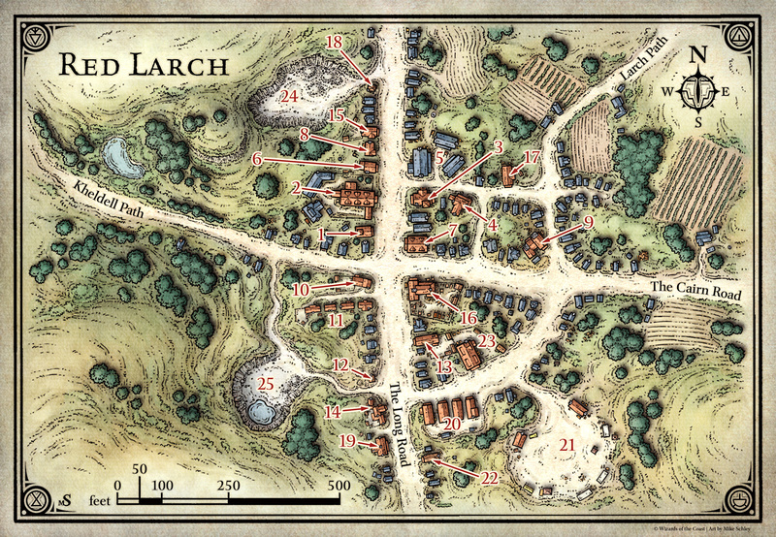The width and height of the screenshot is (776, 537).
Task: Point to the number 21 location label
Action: pos(566,445)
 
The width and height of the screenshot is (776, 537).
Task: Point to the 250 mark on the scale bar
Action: pos(230,485)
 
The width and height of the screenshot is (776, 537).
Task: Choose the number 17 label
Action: pos(530,157)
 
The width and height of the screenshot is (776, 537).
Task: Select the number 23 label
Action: pos(487,342)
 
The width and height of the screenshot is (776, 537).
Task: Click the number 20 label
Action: pos(450,423)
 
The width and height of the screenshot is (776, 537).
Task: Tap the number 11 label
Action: pos(336,319)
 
